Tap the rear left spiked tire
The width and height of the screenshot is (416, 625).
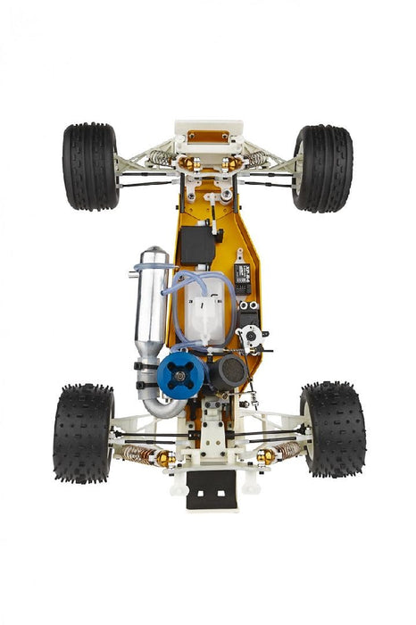(83, 432)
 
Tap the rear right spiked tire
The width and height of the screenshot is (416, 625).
(332, 429)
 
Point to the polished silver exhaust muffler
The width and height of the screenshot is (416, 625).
(153, 304)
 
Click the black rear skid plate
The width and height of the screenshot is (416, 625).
(211, 492)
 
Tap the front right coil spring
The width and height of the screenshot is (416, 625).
(256, 159)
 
